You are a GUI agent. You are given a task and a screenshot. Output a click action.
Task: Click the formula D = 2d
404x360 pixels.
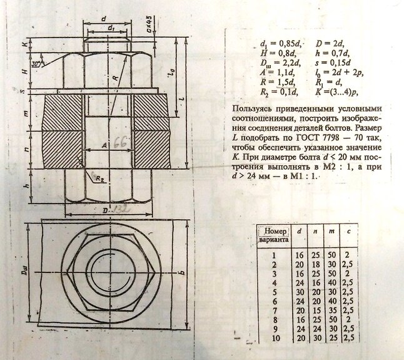(329, 43)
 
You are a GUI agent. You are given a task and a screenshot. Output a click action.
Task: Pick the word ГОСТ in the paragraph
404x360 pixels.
(296, 128)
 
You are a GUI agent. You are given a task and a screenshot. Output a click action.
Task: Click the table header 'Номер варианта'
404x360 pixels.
(273, 235)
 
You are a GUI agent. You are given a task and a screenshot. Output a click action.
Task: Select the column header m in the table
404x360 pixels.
(334, 232)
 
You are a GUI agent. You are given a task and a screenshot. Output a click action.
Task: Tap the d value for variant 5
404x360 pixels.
(300, 292)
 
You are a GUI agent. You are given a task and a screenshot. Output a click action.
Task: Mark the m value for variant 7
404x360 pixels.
(333, 309)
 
